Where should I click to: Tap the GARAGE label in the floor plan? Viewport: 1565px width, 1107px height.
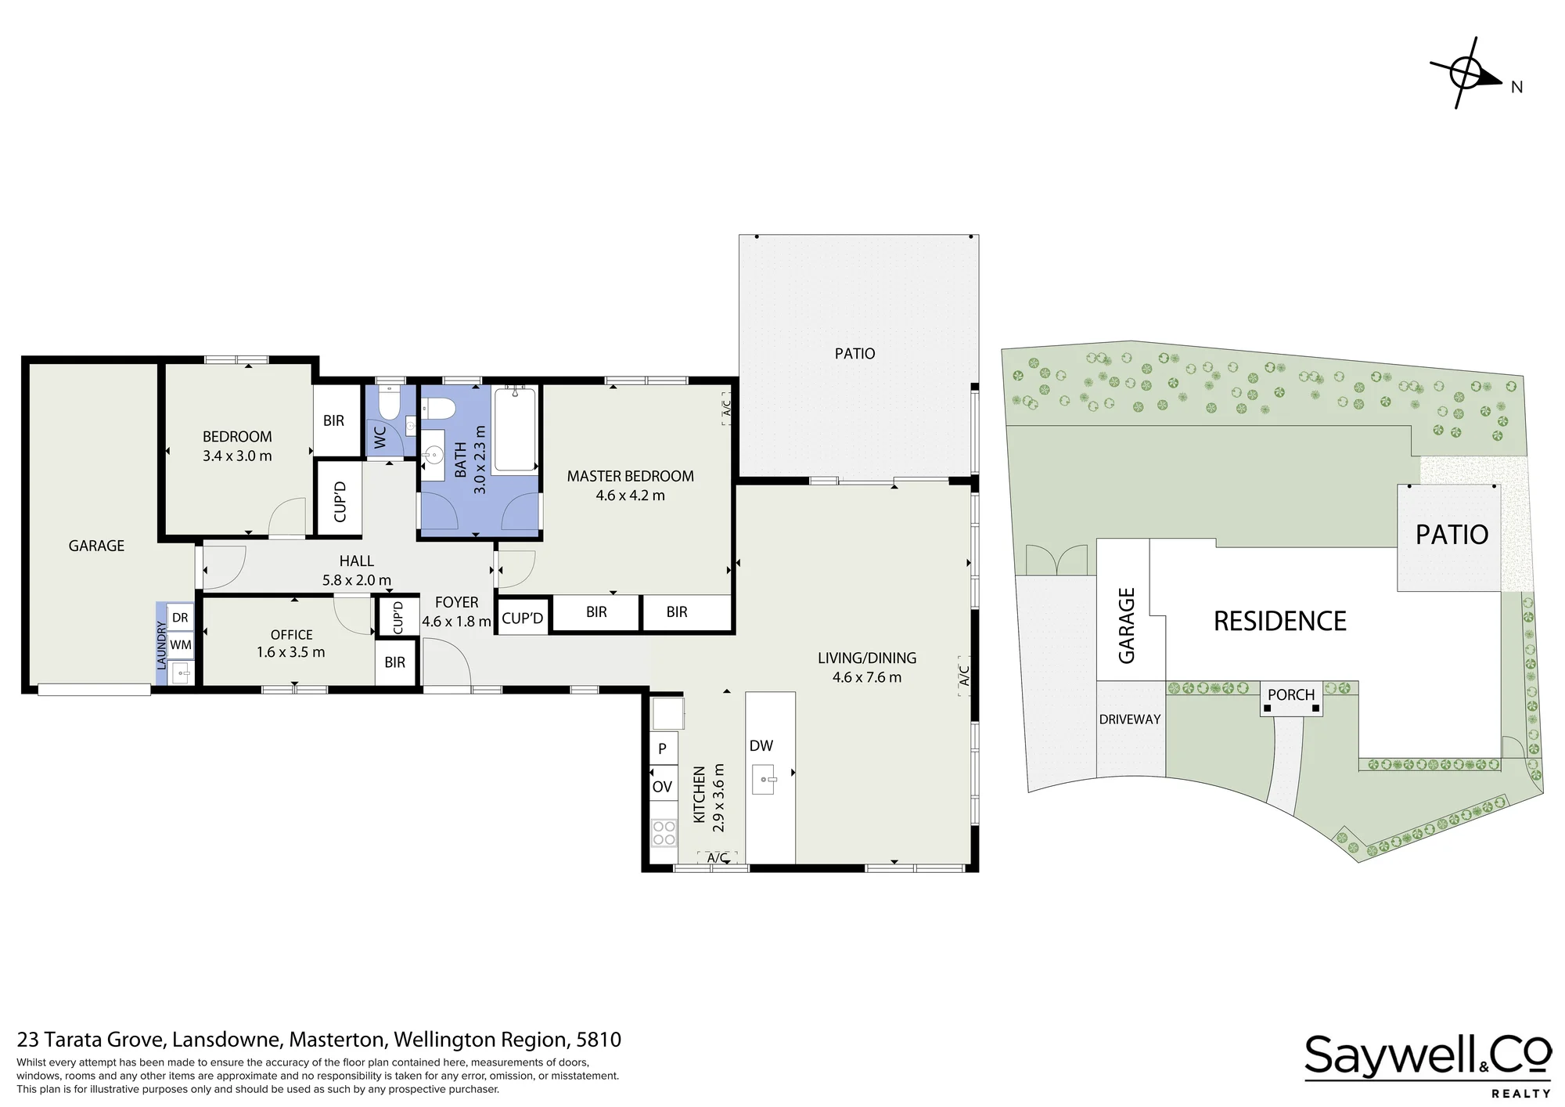pyautogui.click(x=96, y=546)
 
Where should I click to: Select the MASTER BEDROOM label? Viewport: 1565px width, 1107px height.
pyautogui.click(x=630, y=476)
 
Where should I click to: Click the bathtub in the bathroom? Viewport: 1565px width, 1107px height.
pyautogui.click(x=515, y=429)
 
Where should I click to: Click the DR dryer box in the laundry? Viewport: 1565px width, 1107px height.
pyautogui.click(x=180, y=618)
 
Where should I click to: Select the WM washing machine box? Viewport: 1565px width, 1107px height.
pyautogui.click(x=180, y=645)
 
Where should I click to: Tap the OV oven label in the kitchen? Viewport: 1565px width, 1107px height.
pyautogui.click(x=662, y=787)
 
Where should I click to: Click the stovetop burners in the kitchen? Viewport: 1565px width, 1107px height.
pyautogui.click(x=664, y=832)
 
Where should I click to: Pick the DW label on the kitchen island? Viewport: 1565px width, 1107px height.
pyautogui.click(x=761, y=746)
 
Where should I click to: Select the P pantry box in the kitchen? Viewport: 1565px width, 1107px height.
pyautogui.click(x=663, y=748)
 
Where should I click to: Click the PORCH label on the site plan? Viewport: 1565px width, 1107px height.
pyautogui.click(x=1291, y=694)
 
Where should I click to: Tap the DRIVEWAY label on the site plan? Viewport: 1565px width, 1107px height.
pyautogui.click(x=1130, y=719)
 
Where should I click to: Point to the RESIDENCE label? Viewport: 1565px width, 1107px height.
pyautogui.click(x=1279, y=621)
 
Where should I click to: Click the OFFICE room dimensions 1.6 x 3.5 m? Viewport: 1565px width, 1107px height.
pyautogui.click(x=290, y=652)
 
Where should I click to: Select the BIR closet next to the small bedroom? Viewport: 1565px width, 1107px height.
pyautogui.click(x=334, y=420)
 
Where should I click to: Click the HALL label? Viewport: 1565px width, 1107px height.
pyautogui.click(x=357, y=561)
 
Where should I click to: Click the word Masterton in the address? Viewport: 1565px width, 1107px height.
pyautogui.click(x=337, y=1040)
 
